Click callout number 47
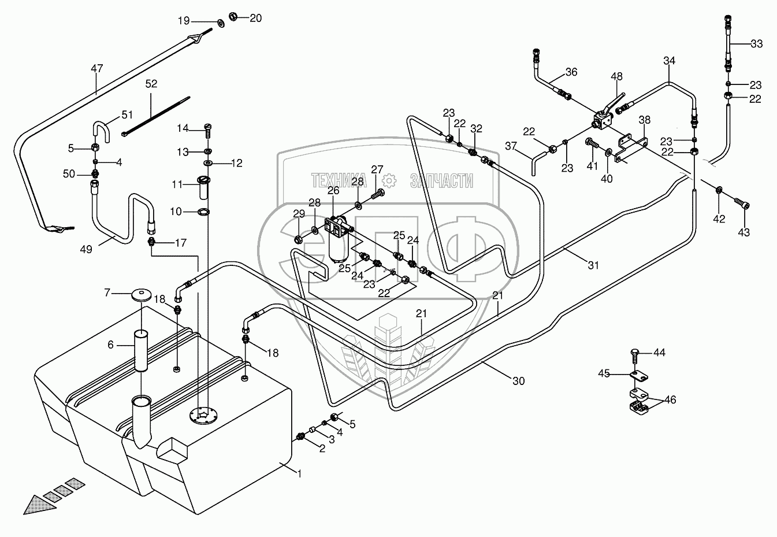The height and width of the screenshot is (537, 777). coord(97,68)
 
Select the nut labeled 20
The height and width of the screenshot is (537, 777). coord(233,16)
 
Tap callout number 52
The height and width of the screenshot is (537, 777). coord(151,84)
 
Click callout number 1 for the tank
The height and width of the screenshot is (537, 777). coord(300,473)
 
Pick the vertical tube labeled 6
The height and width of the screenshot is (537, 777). coord(141,351)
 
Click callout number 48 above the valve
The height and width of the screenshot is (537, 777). coord(616,76)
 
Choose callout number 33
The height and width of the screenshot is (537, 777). coord(757,44)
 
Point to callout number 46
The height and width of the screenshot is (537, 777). coord(670,400)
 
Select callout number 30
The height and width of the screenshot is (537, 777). coord(519,381)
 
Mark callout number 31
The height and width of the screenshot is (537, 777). coord(593,265)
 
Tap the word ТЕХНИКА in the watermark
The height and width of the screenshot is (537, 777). coord(339,181)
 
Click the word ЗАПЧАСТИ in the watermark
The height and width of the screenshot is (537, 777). coord(441,181)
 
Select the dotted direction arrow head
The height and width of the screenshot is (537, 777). coord(39,506)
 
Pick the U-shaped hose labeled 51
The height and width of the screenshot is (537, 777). coord(101,132)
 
